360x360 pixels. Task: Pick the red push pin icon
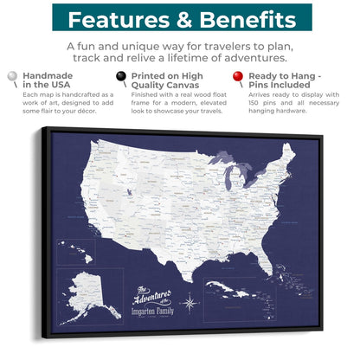tap(240, 78)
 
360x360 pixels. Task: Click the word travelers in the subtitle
tap(209, 45)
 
